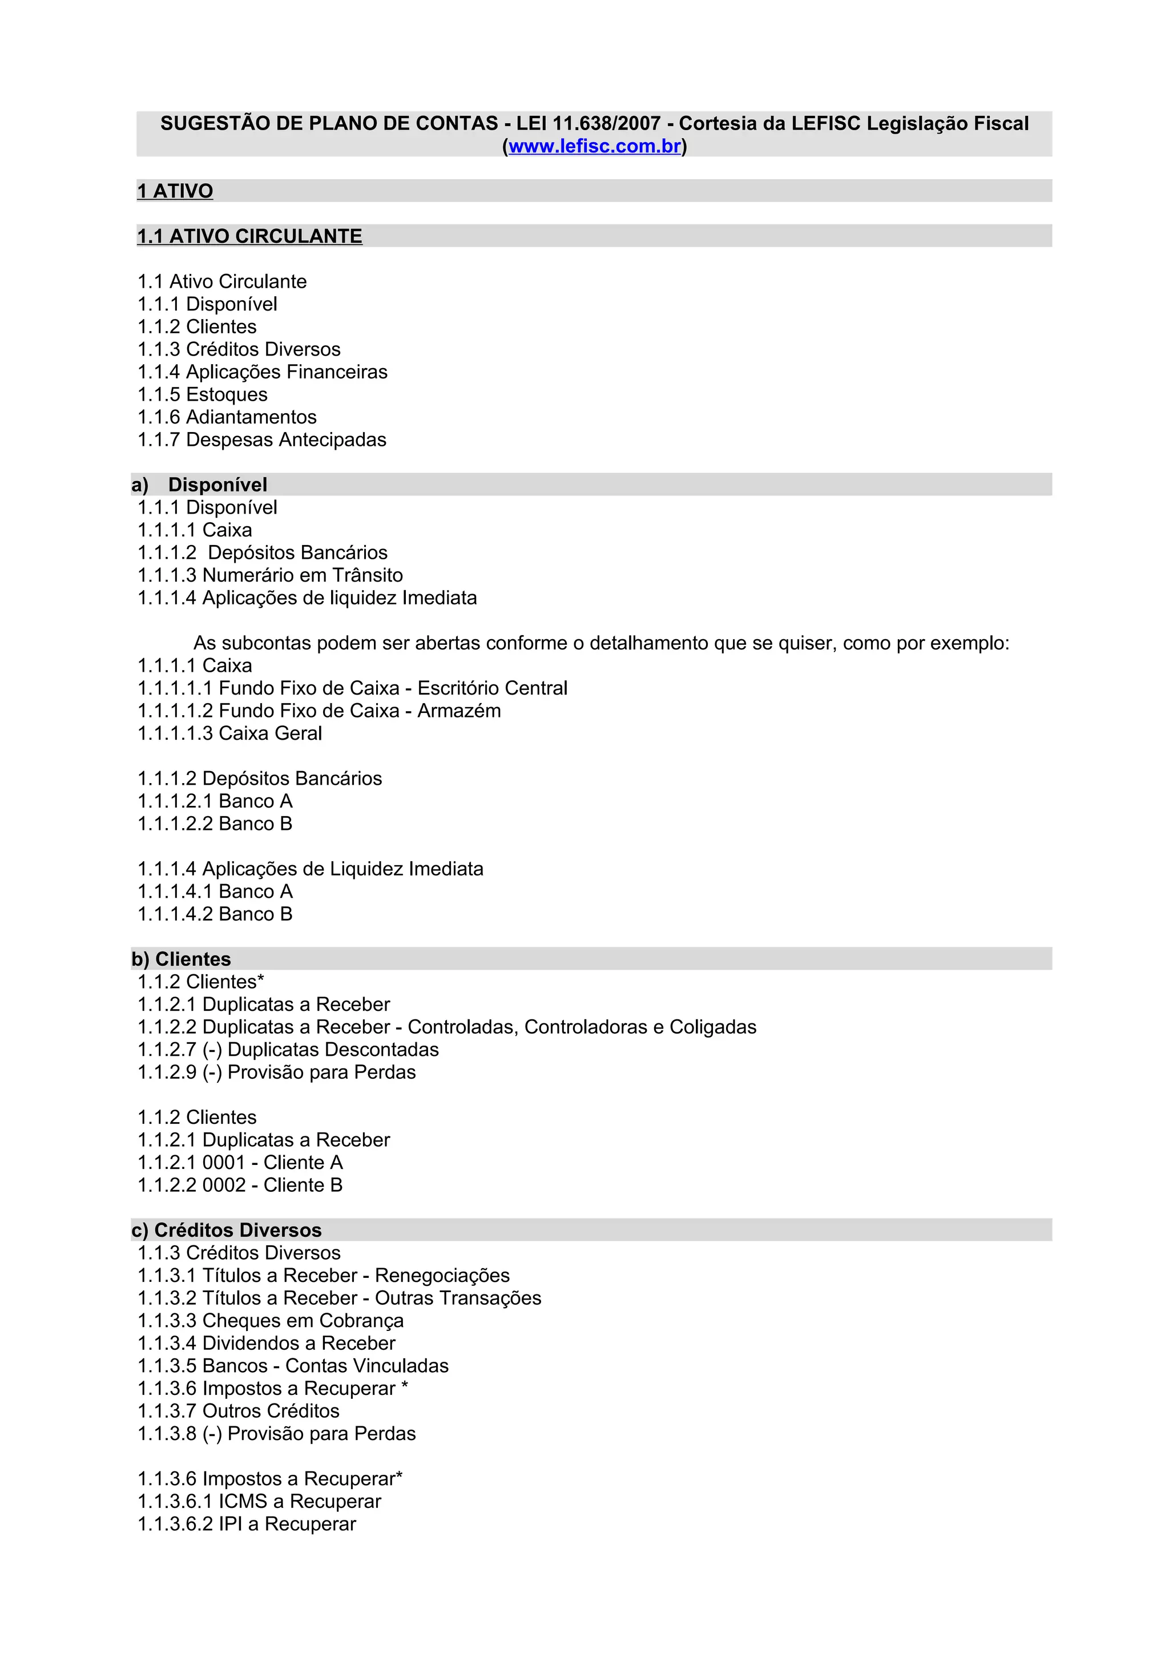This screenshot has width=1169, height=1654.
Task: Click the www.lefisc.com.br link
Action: (594, 146)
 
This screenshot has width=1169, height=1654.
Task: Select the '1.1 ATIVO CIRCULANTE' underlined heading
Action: (249, 236)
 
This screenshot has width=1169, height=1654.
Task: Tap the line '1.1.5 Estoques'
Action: (203, 395)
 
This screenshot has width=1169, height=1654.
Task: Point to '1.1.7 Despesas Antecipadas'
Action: (261, 439)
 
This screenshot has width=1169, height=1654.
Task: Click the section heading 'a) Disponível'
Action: (200, 485)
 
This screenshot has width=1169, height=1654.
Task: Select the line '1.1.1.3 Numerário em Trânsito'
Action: (270, 575)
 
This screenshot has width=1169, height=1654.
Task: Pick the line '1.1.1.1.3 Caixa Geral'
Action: (230, 733)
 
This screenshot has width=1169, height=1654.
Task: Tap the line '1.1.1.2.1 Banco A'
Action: (215, 801)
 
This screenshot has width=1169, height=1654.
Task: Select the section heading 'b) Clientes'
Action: (181, 959)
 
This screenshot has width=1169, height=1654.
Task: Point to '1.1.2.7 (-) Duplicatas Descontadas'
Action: (288, 1050)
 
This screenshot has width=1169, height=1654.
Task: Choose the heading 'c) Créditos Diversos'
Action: (226, 1230)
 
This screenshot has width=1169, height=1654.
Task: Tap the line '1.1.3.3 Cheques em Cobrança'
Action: (270, 1321)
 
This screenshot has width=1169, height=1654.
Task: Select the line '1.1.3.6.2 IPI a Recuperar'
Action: (247, 1524)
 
